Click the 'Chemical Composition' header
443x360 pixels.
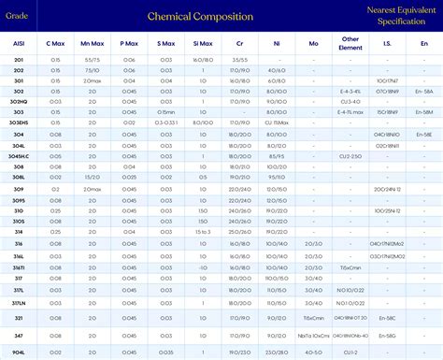point(199,16)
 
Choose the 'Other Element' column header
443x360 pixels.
point(350,44)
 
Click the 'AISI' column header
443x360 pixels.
point(19,44)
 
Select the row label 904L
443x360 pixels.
point(19,352)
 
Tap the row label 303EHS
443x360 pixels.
point(19,122)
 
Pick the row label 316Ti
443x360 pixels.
point(19,266)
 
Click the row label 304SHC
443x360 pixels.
point(19,154)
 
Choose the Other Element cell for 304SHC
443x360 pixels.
point(350,154)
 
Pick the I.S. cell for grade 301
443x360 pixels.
point(386,80)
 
